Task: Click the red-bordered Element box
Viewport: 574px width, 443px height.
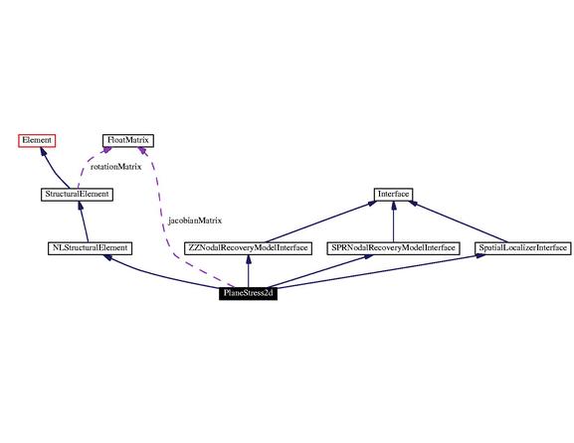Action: (37, 141)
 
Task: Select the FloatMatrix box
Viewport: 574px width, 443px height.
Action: (127, 141)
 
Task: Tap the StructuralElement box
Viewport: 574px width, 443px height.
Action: (77, 194)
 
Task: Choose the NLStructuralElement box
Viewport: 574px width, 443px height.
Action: (90, 248)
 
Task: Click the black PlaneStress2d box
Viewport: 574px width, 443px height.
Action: (248, 293)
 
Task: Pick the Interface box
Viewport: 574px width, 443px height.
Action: (393, 194)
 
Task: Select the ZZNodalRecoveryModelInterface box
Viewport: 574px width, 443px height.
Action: (248, 248)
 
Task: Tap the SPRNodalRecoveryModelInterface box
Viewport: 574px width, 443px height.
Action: (393, 248)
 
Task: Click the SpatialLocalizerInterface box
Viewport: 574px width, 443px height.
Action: (522, 248)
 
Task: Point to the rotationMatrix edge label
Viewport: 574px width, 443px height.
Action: (115, 167)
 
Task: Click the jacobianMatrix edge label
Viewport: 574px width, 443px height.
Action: (195, 221)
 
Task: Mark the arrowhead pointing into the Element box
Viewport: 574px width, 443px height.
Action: (43, 151)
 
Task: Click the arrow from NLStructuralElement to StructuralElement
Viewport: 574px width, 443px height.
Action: (84, 221)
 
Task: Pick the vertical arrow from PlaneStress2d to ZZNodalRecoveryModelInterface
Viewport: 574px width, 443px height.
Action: (248, 271)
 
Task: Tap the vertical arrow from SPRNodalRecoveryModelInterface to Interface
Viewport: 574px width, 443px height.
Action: (394, 221)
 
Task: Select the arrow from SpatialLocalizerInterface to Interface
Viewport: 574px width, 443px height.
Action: (458, 221)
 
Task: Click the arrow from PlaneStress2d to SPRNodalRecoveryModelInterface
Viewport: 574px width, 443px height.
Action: (319, 271)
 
